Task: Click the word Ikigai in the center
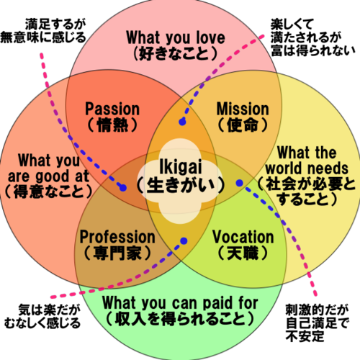pos(181,167)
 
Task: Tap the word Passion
pos(112,109)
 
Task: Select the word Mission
pos(243,109)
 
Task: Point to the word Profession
pos(117,237)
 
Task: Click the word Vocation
pos(243,237)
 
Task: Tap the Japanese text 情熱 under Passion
pos(112,125)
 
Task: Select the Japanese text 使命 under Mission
pos(243,125)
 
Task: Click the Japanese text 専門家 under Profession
pos(117,253)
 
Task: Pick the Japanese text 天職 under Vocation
pos(243,253)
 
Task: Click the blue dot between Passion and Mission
pos(182,122)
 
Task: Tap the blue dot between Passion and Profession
pos(123,188)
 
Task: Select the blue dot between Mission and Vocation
pos(240,183)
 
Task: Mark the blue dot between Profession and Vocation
pos(184,240)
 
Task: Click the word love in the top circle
pos(211,37)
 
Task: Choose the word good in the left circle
pos(53,177)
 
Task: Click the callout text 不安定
pos(305,336)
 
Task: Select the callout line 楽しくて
pos(292,24)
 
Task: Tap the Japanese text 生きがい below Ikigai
pos(181,185)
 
